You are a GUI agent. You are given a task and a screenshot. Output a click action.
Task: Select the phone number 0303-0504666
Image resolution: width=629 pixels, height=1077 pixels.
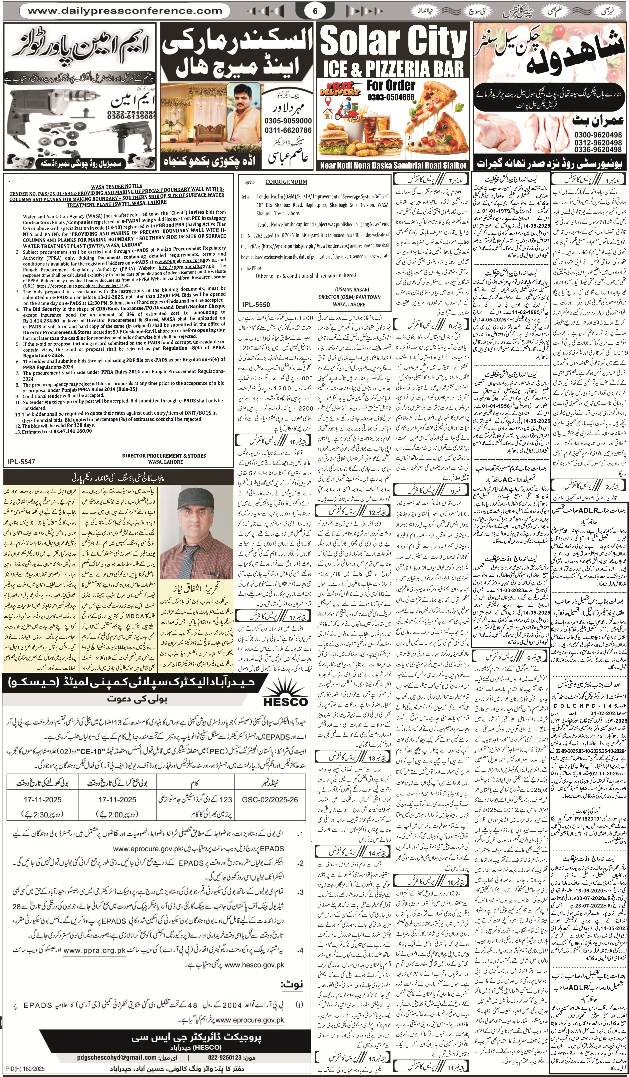[x=391, y=97]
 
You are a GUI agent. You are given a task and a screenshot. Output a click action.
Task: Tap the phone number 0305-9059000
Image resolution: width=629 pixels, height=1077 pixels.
[x=288, y=121]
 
